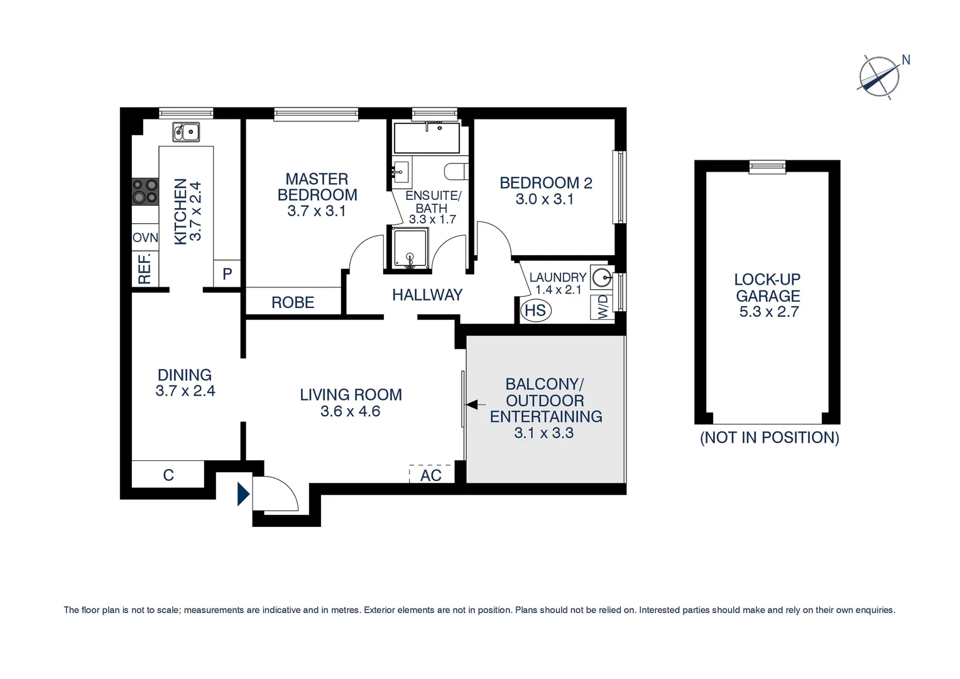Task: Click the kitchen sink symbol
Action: coord(186,132)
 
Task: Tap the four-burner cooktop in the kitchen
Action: coord(145,192)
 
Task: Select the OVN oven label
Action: coord(145,238)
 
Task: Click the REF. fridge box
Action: coord(145,268)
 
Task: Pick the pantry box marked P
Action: coord(227,274)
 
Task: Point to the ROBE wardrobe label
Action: coord(293,302)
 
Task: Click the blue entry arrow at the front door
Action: coord(243,494)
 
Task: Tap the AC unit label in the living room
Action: coord(431,475)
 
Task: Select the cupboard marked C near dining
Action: coord(168,475)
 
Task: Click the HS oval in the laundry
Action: coord(535,310)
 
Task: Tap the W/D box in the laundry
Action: coord(602,307)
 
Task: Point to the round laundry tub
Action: coord(602,276)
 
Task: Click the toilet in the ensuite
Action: coord(455,171)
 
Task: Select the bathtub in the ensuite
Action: coord(427,138)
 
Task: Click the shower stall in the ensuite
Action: coord(410,249)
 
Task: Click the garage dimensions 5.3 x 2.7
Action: coord(768,312)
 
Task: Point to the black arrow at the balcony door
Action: coord(476,405)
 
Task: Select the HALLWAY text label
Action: coord(427,295)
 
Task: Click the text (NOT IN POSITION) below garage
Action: coord(769,438)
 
